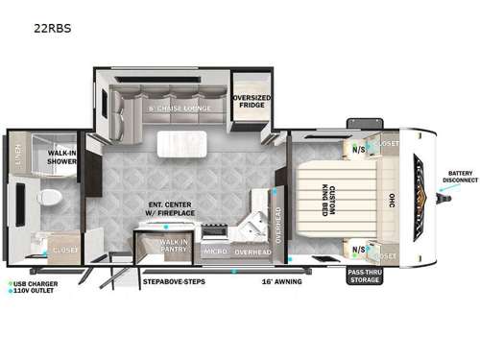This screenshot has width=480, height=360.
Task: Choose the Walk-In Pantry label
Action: click(x=174, y=246)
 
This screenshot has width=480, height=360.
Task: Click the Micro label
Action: click(x=215, y=252)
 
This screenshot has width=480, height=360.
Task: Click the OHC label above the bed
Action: click(x=391, y=199)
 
